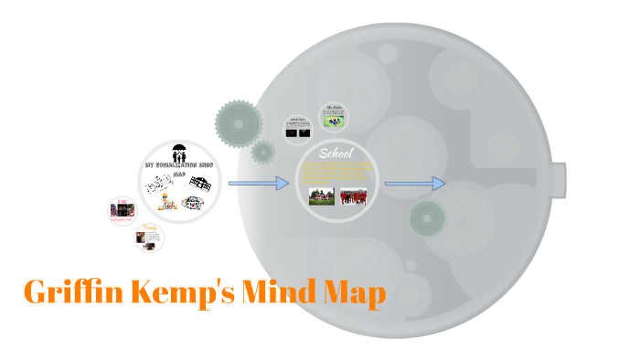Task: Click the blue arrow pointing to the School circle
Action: click(x=258, y=184)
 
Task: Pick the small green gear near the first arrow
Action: click(x=263, y=152)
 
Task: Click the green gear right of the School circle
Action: click(x=427, y=219)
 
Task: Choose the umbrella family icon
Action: click(x=179, y=153)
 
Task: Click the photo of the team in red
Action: click(x=353, y=196)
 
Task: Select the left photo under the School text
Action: click(x=322, y=196)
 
